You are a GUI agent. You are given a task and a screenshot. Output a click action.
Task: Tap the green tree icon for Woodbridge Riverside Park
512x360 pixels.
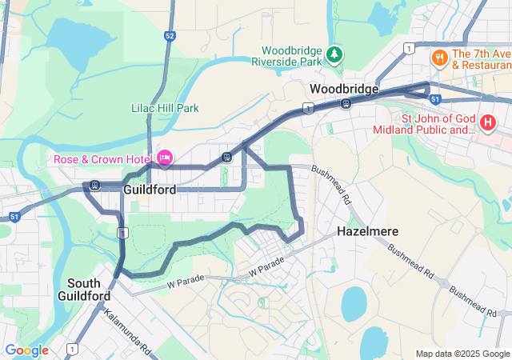tap(334, 54)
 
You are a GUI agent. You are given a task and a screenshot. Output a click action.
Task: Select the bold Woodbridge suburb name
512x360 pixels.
tap(344, 89)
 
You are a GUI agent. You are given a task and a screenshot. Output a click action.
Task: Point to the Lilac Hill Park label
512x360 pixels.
tap(165, 108)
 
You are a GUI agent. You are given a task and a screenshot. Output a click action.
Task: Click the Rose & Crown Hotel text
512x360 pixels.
tap(102, 158)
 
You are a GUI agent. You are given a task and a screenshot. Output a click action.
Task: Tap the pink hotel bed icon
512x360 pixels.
tap(165, 158)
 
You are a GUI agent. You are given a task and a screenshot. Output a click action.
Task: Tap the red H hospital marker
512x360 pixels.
tap(488, 123)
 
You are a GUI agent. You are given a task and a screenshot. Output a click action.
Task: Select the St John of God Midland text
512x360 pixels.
tap(438, 124)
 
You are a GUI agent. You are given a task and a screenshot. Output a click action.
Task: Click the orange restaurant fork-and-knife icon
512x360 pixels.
tap(438, 58)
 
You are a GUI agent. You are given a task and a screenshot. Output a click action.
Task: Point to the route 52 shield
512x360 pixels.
tap(169, 36)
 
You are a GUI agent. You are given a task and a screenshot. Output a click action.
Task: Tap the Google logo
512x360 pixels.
tap(26, 350)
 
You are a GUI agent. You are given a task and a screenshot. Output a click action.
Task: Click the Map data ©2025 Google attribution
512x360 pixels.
tap(462, 354)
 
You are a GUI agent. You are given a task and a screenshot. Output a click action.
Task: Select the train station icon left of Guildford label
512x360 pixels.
tap(95, 186)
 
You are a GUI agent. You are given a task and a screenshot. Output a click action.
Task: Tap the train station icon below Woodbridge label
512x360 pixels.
tap(346, 103)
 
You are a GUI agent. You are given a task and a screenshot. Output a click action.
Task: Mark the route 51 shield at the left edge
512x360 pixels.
tap(14, 217)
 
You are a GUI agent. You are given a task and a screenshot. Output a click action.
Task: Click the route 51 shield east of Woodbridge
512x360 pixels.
tap(435, 99)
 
